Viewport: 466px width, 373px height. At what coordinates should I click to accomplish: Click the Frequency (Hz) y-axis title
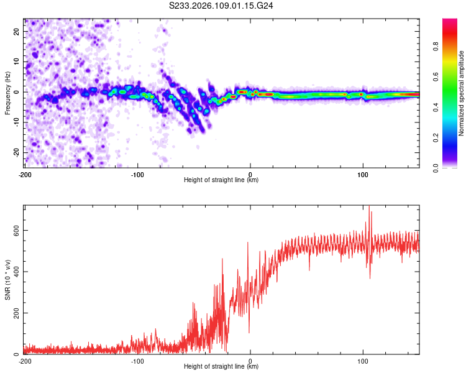coord(8,93)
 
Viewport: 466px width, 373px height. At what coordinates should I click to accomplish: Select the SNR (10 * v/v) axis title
coord(8,280)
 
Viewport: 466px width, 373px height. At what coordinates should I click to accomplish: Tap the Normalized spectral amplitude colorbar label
coord(462,93)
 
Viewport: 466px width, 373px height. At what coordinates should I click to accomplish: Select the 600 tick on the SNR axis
coord(16,230)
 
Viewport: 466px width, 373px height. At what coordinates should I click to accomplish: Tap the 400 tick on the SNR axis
coord(16,272)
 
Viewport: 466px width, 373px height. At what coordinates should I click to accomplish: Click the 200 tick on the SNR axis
coord(16,313)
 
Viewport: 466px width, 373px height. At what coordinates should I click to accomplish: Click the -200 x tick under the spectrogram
coord(25,175)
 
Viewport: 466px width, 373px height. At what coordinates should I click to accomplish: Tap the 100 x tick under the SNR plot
coord(363,361)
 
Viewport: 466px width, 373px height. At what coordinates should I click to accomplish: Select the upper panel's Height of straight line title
coord(221,180)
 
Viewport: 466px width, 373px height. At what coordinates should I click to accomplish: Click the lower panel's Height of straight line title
coord(221,367)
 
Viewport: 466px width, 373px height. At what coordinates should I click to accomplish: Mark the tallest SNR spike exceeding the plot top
coord(369,208)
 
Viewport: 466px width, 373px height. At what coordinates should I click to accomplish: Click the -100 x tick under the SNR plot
coord(137,361)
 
